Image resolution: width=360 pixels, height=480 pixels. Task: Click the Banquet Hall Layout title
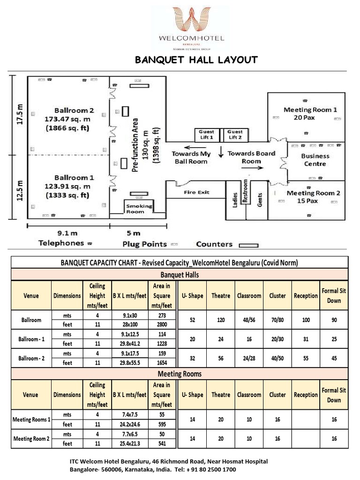click(196, 60)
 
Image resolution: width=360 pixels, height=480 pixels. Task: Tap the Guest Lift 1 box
click(206, 135)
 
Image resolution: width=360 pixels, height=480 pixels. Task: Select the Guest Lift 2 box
click(235, 135)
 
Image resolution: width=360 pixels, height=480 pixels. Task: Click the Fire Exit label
click(196, 192)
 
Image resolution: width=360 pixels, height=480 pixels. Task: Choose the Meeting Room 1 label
click(310, 113)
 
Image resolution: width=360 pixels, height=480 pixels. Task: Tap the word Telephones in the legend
click(61, 243)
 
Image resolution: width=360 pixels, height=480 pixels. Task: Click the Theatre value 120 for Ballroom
click(220, 321)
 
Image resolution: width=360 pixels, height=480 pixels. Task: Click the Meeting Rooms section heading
click(180, 374)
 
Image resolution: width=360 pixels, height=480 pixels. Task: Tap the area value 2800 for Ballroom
click(162, 324)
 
